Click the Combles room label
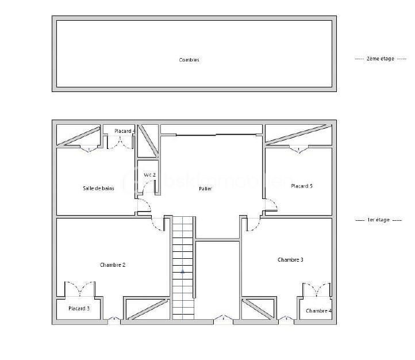click(189, 60)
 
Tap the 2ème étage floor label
click(381, 59)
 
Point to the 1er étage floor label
click(379, 220)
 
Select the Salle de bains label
click(99, 188)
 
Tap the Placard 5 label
click(302, 186)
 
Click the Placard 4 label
click(124, 131)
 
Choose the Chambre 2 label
click(113, 265)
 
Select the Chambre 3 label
click(290, 260)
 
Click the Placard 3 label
click(79, 309)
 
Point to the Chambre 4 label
click(318, 311)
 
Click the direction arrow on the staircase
click(183, 270)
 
